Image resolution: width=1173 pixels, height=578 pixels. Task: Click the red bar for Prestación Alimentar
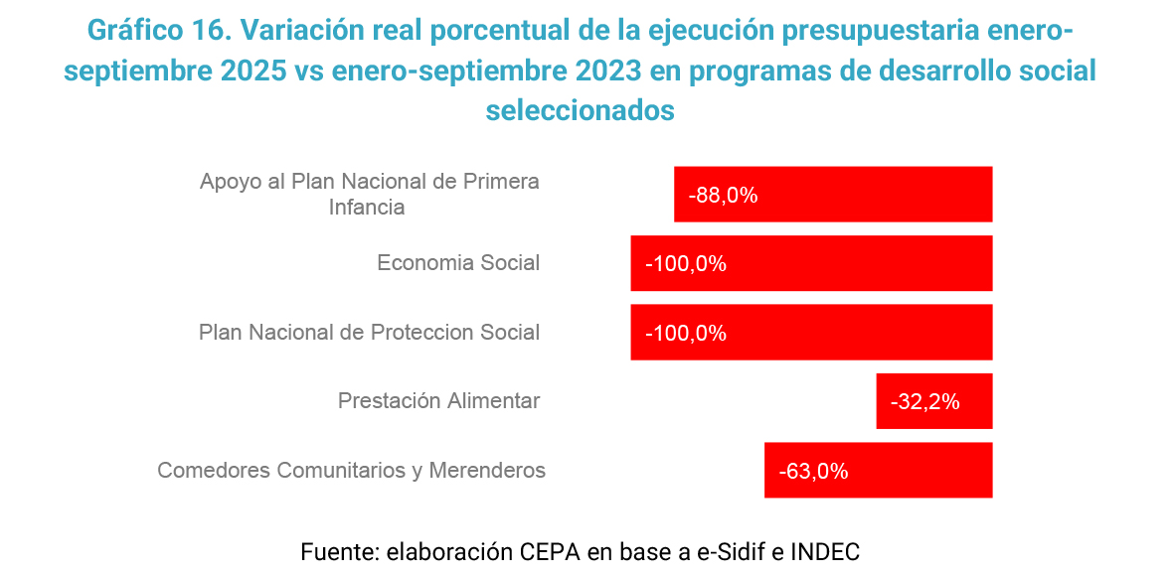click(933, 401)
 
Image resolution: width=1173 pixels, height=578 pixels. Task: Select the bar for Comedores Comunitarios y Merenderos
click(878, 470)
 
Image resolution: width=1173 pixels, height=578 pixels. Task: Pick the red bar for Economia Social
click(811, 263)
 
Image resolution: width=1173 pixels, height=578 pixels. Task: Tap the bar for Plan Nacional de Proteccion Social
click(811, 333)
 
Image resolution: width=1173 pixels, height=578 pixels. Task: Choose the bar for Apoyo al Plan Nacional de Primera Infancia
click(833, 195)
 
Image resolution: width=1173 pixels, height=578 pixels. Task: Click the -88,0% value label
click(723, 196)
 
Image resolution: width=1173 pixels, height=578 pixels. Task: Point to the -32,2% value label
click(924, 402)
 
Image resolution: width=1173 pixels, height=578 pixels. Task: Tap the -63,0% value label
click(813, 472)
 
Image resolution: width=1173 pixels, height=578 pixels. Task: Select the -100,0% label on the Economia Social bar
click(685, 265)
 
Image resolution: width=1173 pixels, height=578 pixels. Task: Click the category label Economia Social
click(458, 263)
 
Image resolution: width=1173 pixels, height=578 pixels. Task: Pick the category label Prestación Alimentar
click(438, 401)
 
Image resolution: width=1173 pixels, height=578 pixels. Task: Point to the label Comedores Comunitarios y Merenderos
click(351, 471)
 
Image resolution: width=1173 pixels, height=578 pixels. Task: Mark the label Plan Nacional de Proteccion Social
click(369, 333)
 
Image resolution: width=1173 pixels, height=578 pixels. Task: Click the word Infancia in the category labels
click(367, 208)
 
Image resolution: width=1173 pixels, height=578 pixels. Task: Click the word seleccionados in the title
click(581, 110)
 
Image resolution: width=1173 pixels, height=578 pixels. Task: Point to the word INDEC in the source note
click(824, 551)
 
